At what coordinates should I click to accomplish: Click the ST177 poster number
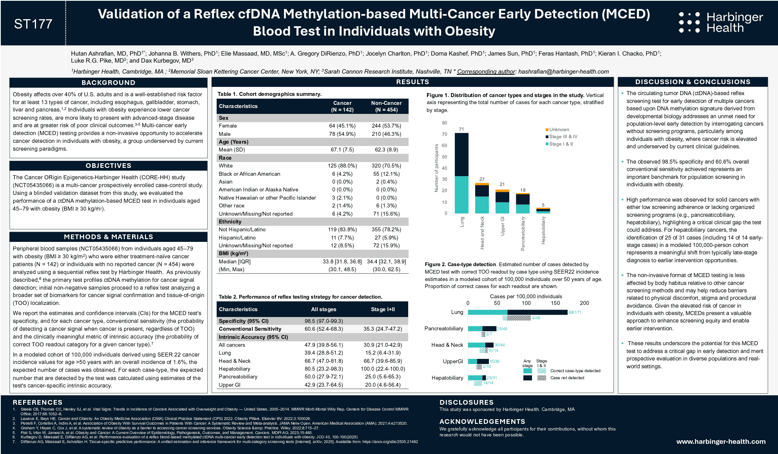tap(33, 24)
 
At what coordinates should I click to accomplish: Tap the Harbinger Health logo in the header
tap(721, 22)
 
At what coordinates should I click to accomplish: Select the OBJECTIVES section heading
tap(109, 166)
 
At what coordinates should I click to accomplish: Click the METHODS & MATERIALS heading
tap(109, 237)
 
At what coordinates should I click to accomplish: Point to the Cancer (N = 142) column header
tap(342, 106)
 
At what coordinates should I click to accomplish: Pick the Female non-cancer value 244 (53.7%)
tap(386, 126)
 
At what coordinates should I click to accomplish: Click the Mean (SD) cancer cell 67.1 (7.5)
tap(342, 150)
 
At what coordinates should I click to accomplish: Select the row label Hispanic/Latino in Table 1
tap(237, 238)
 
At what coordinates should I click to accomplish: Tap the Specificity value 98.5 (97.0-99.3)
tap(324, 321)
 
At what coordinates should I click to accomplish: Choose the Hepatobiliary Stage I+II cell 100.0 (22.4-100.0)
tap(383, 369)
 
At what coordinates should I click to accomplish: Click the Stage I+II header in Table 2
tap(383, 309)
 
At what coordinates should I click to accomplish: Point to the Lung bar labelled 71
tap(461, 172)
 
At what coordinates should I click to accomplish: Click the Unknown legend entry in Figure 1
tap(559, 130)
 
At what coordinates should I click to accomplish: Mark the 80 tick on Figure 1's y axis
tap(445, 123)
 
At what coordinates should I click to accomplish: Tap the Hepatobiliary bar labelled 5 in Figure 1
tap(543, 210)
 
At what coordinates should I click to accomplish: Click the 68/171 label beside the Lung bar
tap(575, 312)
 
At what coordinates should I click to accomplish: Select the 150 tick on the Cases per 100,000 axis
tap(555, 303)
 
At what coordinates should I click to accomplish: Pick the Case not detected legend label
tap(567, 378)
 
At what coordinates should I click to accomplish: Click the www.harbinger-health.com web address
tap(721, 441)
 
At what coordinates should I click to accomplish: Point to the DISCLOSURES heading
tap(466, 402)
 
